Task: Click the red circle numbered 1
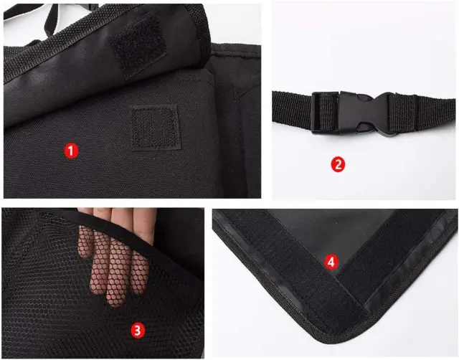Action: (71, 151)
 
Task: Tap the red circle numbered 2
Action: (338, 164)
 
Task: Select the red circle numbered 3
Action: (138, 331)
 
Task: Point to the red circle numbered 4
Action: (331, 262)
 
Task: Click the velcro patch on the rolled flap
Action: (138, 45)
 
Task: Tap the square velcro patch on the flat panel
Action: (155, 128)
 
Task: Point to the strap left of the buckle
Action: (292, 110)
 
